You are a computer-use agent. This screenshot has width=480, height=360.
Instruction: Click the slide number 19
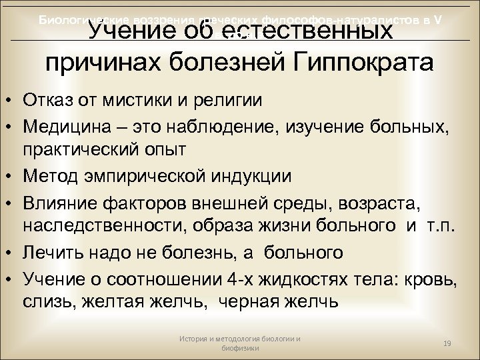(x=448, y=342)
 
